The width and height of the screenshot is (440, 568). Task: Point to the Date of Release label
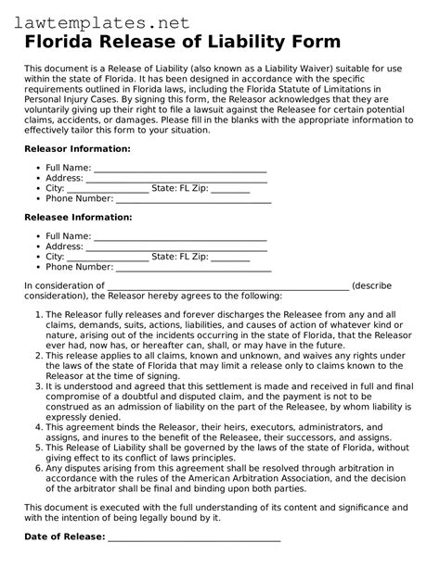(x=64, y=537)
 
